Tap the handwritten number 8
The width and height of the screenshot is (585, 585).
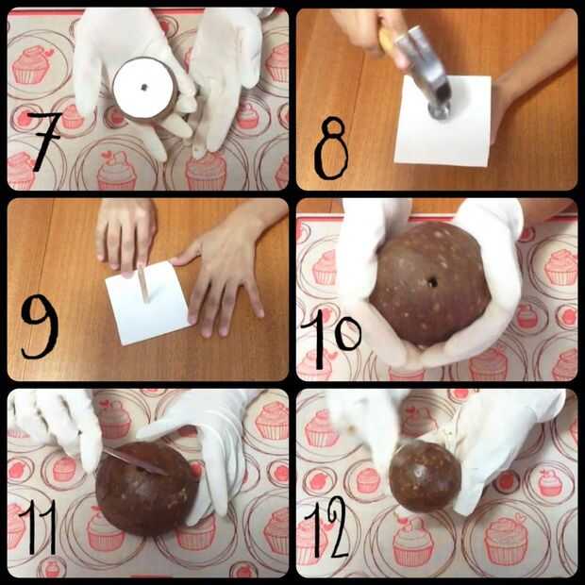tap(331, 148)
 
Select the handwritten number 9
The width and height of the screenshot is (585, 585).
tap(40, 326)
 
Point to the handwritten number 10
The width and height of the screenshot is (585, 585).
tap(331, 343)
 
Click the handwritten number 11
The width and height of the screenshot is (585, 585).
tap(38, 526)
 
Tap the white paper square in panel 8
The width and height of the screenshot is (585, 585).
tap(443, 120)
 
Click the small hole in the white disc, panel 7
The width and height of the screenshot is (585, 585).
tap(144, 88)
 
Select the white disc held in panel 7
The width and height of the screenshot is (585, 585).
tap(143, 89)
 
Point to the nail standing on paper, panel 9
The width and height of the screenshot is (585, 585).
tap(143, 284)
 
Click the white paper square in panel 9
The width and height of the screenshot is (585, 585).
tap(147, 303)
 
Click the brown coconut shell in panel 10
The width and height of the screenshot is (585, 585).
tap(430, 285)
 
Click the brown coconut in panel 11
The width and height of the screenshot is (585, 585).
tap(146, 489)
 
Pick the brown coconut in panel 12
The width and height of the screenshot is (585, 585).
tap(425, 475)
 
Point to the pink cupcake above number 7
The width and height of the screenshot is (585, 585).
tap(33, 64)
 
